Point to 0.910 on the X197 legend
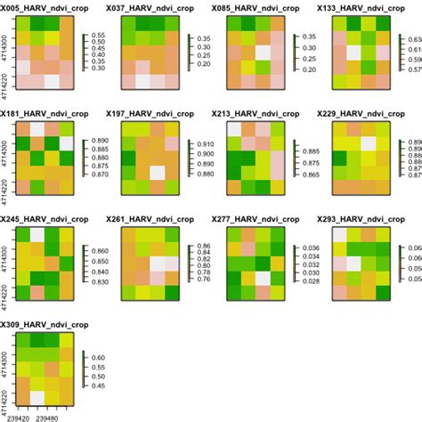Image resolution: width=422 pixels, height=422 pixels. [x=204, y=144]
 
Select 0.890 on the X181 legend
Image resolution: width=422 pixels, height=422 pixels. [x=100, y=142]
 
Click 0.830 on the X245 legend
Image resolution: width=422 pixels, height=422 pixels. [x=100, y=282]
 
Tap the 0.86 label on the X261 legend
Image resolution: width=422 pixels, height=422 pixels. [x=202, y=246]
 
